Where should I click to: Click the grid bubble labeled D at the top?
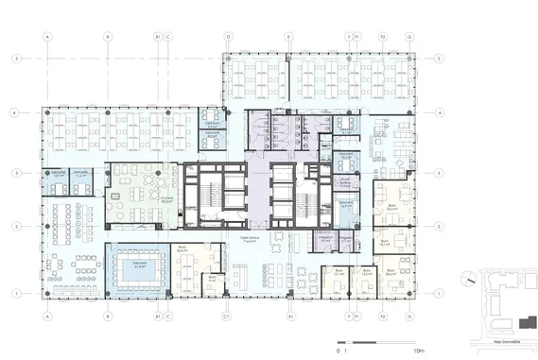tap(228, 37)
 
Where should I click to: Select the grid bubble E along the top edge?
tap(288, 37)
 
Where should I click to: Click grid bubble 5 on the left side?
tap(16, 59)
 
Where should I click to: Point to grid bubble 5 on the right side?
tap(440, 59)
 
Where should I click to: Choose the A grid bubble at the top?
tap(47, 37)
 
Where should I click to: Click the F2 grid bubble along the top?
tap(383, 37)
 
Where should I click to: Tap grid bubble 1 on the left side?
tap(16, 293)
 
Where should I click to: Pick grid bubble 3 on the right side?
tap(440, 174)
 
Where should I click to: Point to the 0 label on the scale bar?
tap(337, 349)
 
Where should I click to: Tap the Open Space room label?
tap(250, 239)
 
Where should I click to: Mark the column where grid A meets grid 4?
tap(47, 112)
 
